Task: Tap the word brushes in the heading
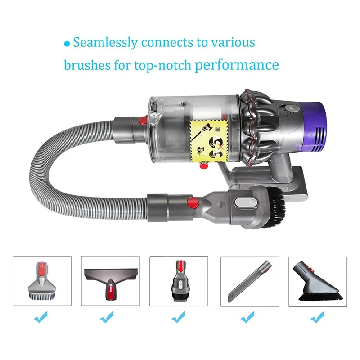[85, 65]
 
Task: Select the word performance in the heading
[237, 66]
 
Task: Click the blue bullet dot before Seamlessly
[67, 44]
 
